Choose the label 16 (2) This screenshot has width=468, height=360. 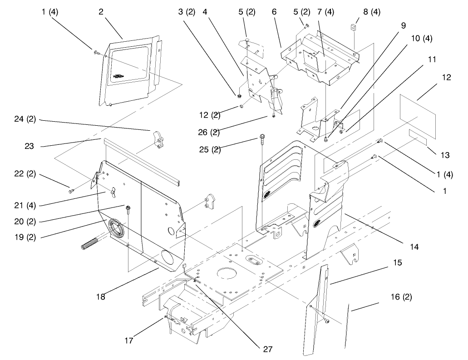pos(401,297)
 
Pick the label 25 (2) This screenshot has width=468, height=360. pos(210,149)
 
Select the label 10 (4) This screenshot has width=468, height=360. pos(421,39)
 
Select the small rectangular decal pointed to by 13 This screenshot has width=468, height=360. pos(418,137)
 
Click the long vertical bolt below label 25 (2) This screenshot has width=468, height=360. pos(262,182)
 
